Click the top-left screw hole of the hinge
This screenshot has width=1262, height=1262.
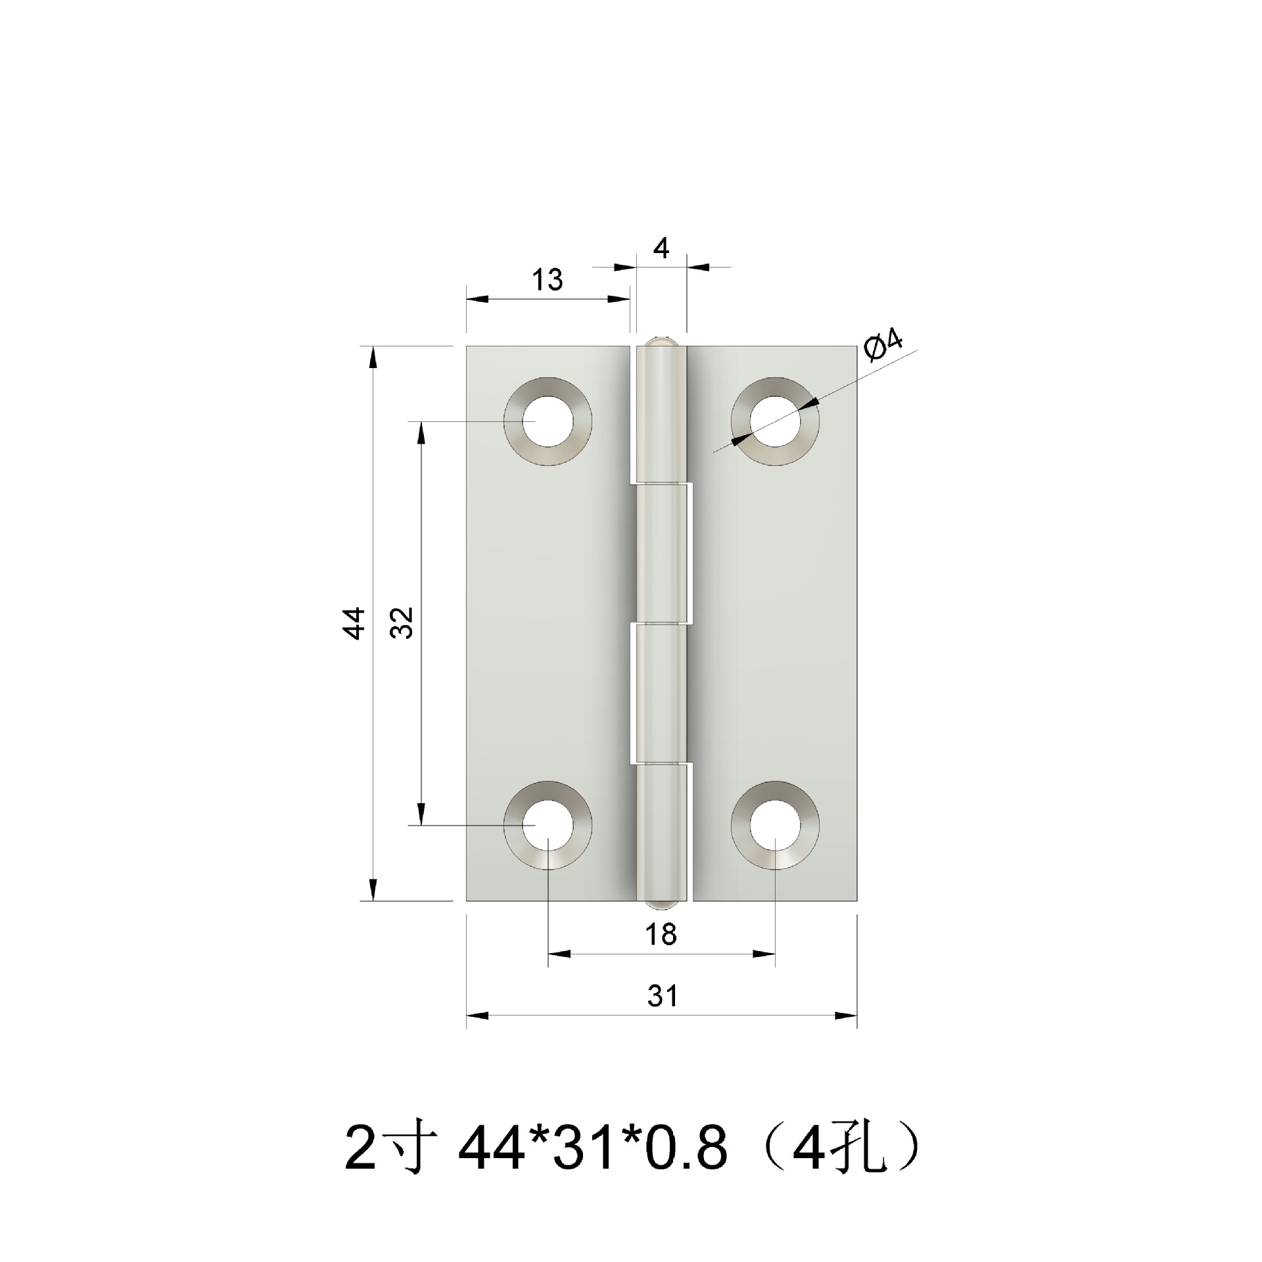click(x=548, y=421)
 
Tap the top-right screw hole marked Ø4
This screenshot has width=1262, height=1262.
click(x=776, y=421)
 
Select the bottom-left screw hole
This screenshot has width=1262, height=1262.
click(x=548, y=825)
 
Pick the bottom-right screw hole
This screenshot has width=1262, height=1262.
click(x=776, y=825)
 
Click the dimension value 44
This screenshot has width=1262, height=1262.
click(x=356, y=622)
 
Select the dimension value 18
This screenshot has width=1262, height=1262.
click(x=661, y=935)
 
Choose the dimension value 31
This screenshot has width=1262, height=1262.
click(x=662, y=996)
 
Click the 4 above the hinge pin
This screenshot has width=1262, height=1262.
click(x=661, y=249)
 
